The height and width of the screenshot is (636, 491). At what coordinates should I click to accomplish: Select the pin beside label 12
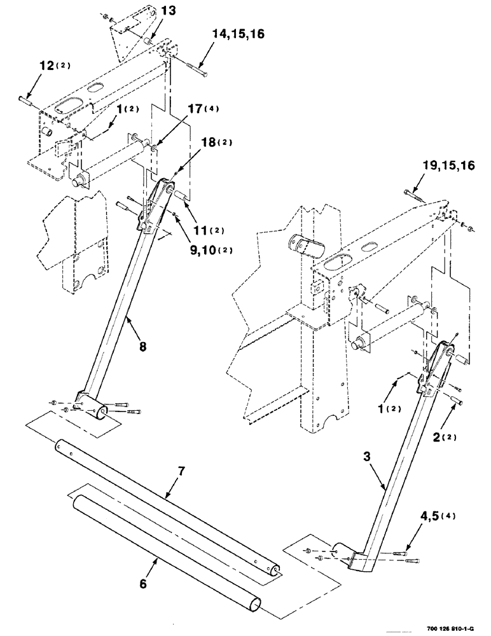27,98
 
